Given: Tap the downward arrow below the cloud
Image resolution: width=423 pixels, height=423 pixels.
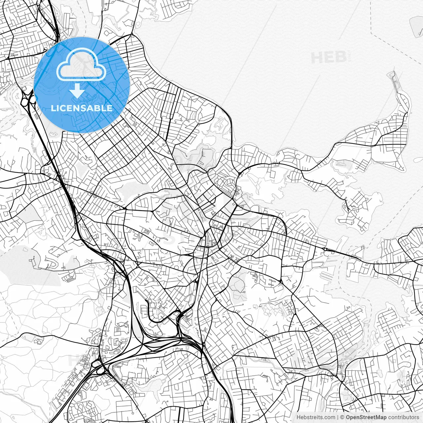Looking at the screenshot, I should (77, 91).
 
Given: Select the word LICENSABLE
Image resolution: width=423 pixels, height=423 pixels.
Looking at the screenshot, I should (82, 108).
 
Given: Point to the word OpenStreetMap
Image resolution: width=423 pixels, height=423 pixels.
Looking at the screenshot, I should (366, 417).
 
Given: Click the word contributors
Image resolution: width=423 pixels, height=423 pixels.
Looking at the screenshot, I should (403, 417).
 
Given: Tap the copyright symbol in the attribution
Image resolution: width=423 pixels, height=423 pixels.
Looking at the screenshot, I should (342, 417).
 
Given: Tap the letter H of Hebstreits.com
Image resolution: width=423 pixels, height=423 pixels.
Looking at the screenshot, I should (298, 417).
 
